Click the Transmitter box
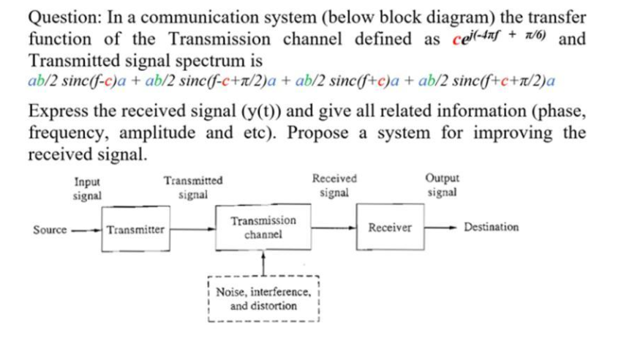(135, 229)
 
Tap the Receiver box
(389, 228)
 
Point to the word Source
(50, 229)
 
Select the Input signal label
(87, 189)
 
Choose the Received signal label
(334, 185)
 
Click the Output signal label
(442, 185)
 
